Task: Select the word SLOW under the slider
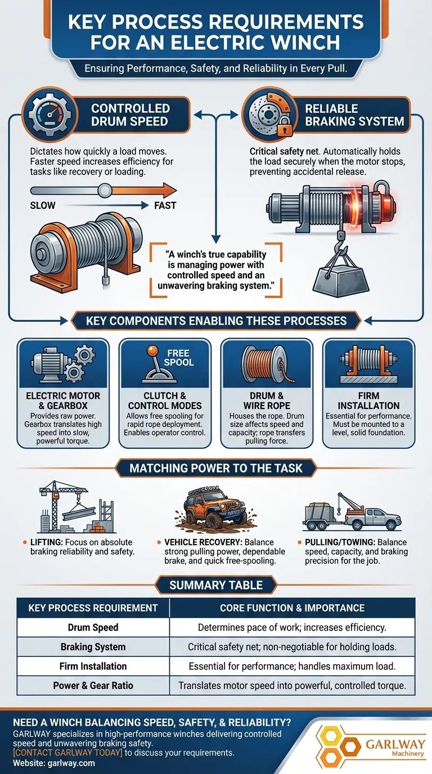(x=43, y=205)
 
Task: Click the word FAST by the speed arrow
(x=165, y=205)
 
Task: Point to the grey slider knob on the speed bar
(x=104, y=191)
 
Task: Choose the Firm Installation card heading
(x=368, y=400)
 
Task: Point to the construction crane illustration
(x=66, y=505)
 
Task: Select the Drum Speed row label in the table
(x=93, y=627)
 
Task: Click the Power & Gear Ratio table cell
(x=93, y=686)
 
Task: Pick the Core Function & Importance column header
(x=292, y=607)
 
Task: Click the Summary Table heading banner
(x=216, y=585)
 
